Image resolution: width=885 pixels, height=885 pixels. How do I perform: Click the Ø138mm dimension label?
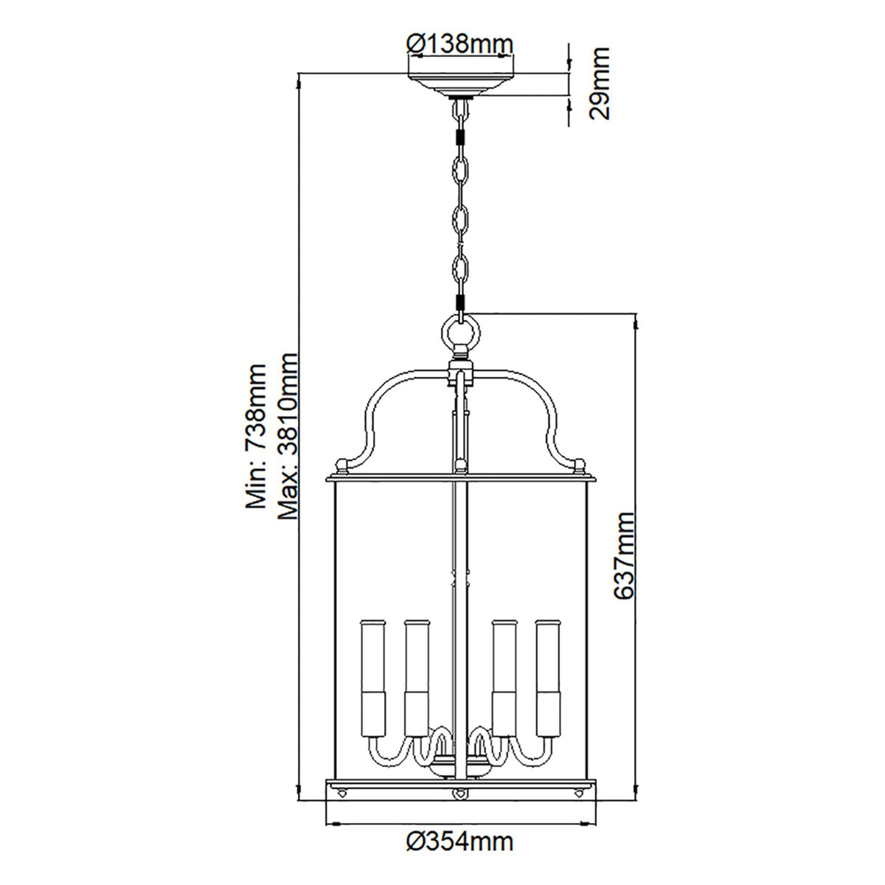coord(460,44)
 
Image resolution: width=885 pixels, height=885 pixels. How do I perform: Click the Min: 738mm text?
coord(256,437)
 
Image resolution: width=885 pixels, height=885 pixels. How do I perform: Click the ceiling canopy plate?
coord(461,83)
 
